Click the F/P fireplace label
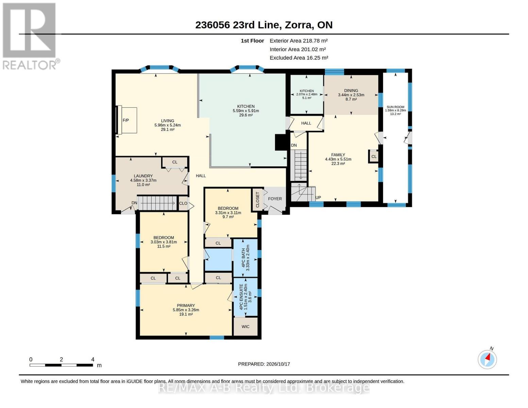coord(125,120)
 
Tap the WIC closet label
coord(245,327)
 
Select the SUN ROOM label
coord(395,107)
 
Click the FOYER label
coord(275,199)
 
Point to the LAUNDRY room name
coord(143,176)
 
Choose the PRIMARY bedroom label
coord(186,305)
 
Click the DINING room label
coord(351,90)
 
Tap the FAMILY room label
coord(338,155)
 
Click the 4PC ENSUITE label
coord(241,297)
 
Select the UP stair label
coord(318,198)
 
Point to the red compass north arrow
coord(488,357)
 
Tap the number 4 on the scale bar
coord(92,359)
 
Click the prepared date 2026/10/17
coord(278,364)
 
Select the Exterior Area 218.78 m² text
coord(299,41)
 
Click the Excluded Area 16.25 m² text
coord(299,58)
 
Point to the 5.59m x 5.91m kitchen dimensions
coord(246,111)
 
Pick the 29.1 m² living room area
coord(167,130)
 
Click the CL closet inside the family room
coord(374,156)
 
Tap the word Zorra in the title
coord(299,25)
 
